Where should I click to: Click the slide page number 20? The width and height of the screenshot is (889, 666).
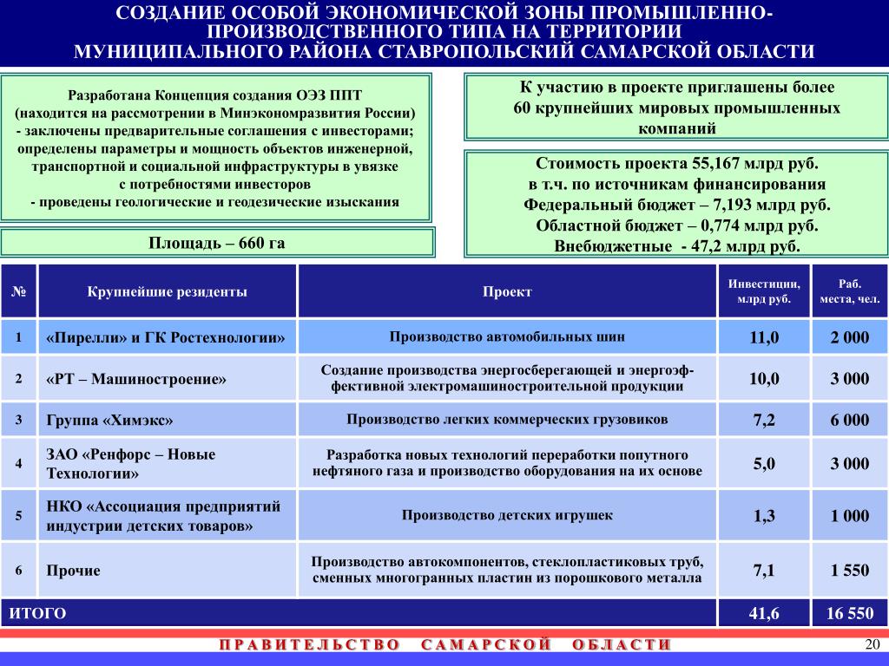pos(873,643)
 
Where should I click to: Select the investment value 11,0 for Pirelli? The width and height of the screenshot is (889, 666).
pos(765,337)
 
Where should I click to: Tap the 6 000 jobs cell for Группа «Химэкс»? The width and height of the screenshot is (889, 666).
pos(849,421)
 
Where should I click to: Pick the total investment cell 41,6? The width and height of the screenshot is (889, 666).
pos(765,614)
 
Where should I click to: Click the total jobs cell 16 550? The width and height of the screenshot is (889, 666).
pos(849,614)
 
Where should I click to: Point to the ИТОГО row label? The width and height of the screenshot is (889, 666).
pos(38,614)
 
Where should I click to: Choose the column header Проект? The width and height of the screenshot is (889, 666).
pos(507,291)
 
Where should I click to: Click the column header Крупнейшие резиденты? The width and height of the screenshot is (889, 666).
pos(167,291)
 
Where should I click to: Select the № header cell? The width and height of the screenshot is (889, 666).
pos(18,291)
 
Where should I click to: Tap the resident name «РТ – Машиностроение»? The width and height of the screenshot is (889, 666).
pos(136,379)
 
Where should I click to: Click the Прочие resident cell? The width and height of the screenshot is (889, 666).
pos(74,571)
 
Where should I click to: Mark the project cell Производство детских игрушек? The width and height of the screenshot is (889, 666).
pos(507,515)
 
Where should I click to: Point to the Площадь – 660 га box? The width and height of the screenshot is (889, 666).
pos(216,243)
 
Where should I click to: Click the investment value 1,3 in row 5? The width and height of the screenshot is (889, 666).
pos(765,516)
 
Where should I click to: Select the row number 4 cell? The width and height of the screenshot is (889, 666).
pos(18,462)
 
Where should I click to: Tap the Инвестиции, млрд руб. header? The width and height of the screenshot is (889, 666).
pos(765,291)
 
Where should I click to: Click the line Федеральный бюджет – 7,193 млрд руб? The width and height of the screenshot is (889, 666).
pos(677,206)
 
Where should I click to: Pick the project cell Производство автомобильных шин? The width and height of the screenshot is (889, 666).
pos(507,336)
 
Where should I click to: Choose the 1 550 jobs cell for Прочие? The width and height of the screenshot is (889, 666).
pos(849,571)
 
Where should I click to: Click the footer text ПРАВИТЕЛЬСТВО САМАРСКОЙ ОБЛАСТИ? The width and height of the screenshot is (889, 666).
pos(444,644)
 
